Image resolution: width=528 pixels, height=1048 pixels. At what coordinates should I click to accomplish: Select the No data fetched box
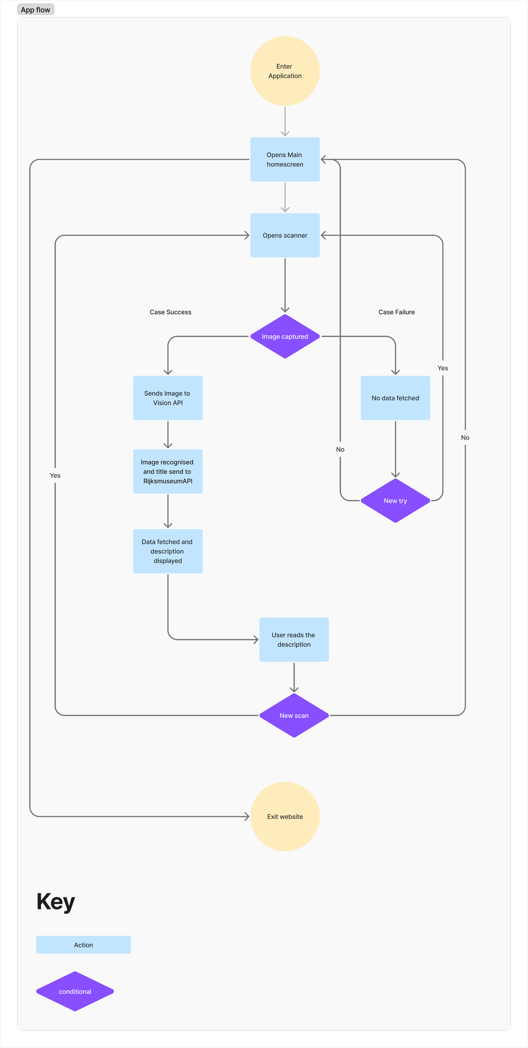tap(395, 398)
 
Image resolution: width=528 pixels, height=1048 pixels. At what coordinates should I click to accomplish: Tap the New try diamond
tap(395, 500)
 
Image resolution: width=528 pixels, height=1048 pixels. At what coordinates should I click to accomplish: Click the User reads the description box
tap(294, 640)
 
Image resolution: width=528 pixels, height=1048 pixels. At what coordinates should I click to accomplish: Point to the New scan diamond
tap(294, 715)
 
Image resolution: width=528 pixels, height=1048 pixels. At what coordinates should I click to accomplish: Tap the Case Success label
tap(170, 312)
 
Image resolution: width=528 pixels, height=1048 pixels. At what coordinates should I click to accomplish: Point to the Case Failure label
tap(396, 312)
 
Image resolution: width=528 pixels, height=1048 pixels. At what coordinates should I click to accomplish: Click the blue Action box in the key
tap(83, 945)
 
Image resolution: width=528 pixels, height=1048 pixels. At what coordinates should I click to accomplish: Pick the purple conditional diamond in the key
tap(75, 991)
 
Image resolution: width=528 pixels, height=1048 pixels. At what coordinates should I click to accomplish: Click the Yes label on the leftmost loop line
tap(55, 475)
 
